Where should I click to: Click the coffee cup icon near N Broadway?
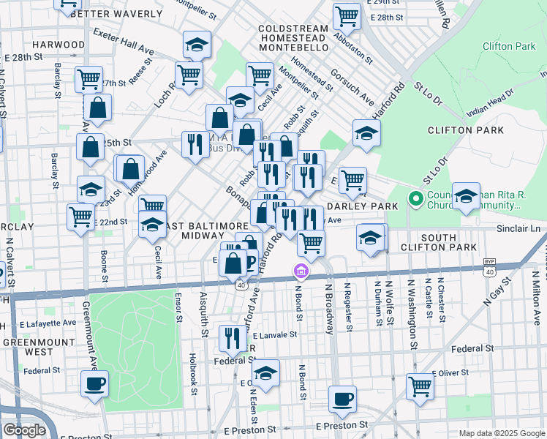(x=342, y=400)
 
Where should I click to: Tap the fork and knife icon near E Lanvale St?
(x=233, y=339)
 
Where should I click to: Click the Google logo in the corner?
(x=24, y=430)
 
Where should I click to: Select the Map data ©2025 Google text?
(x=501, y=433)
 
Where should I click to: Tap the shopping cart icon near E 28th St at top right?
(x=347, y=16)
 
